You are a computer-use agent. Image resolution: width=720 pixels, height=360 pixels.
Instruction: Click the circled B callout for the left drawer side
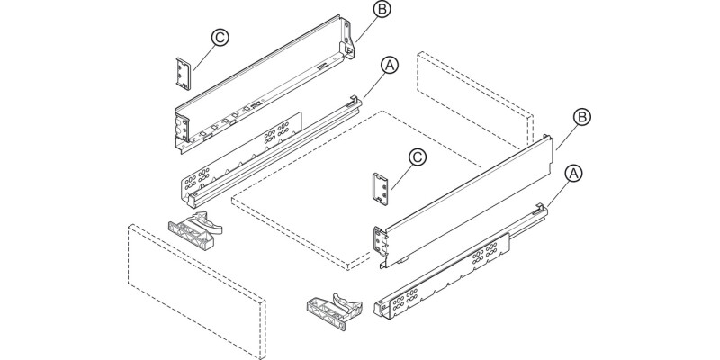[x=382, y=9]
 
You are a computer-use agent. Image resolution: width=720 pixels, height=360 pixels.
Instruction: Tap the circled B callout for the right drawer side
[x=581, y=117]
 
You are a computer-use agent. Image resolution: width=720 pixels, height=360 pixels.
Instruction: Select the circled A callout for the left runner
[x=390, y=66]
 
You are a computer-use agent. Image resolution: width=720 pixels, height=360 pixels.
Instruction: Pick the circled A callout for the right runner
[x=573, y=174]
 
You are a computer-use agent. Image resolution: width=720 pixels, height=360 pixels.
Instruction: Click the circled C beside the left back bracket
[x=220, y=38]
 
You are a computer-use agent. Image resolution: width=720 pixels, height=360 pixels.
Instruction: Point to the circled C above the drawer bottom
[x=418, y=157]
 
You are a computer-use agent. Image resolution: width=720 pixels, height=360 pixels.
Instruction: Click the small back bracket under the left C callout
[x=183, y=73]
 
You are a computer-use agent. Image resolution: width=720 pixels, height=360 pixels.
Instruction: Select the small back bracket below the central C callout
[x=381, y=190]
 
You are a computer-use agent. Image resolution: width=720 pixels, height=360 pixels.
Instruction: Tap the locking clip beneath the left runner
[x=194, y=229]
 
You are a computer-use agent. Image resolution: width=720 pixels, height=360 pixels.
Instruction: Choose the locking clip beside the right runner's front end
[x=334, y=310]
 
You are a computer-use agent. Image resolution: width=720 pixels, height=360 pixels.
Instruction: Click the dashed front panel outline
[x=196, y=291]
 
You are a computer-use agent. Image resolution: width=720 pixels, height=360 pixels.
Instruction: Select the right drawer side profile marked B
[x=463, y=201]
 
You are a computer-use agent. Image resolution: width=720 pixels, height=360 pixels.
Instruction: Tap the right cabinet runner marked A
[x=461, y=263]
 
